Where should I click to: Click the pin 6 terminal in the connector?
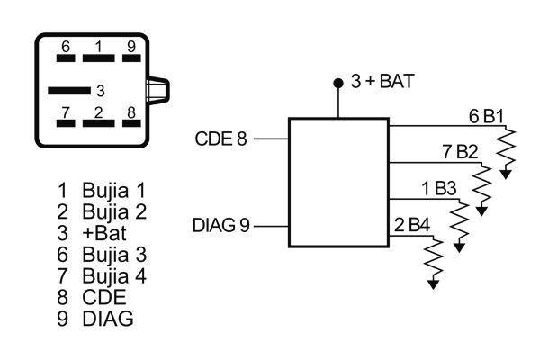point(65,58)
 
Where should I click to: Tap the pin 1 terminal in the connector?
point(98,58)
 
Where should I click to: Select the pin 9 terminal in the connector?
point(131,58)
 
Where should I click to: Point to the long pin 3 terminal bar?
point(69,90)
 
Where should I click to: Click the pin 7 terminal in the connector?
point(65,123)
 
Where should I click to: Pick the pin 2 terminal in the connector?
point(98,123)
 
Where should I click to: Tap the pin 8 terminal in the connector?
point(131,123)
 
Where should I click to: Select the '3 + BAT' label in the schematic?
point(382,82)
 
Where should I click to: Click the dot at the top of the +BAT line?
point(338,83)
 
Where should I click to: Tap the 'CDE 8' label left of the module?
point(220,139)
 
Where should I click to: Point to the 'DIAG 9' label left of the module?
point(220,224)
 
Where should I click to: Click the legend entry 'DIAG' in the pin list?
point(103,318)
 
